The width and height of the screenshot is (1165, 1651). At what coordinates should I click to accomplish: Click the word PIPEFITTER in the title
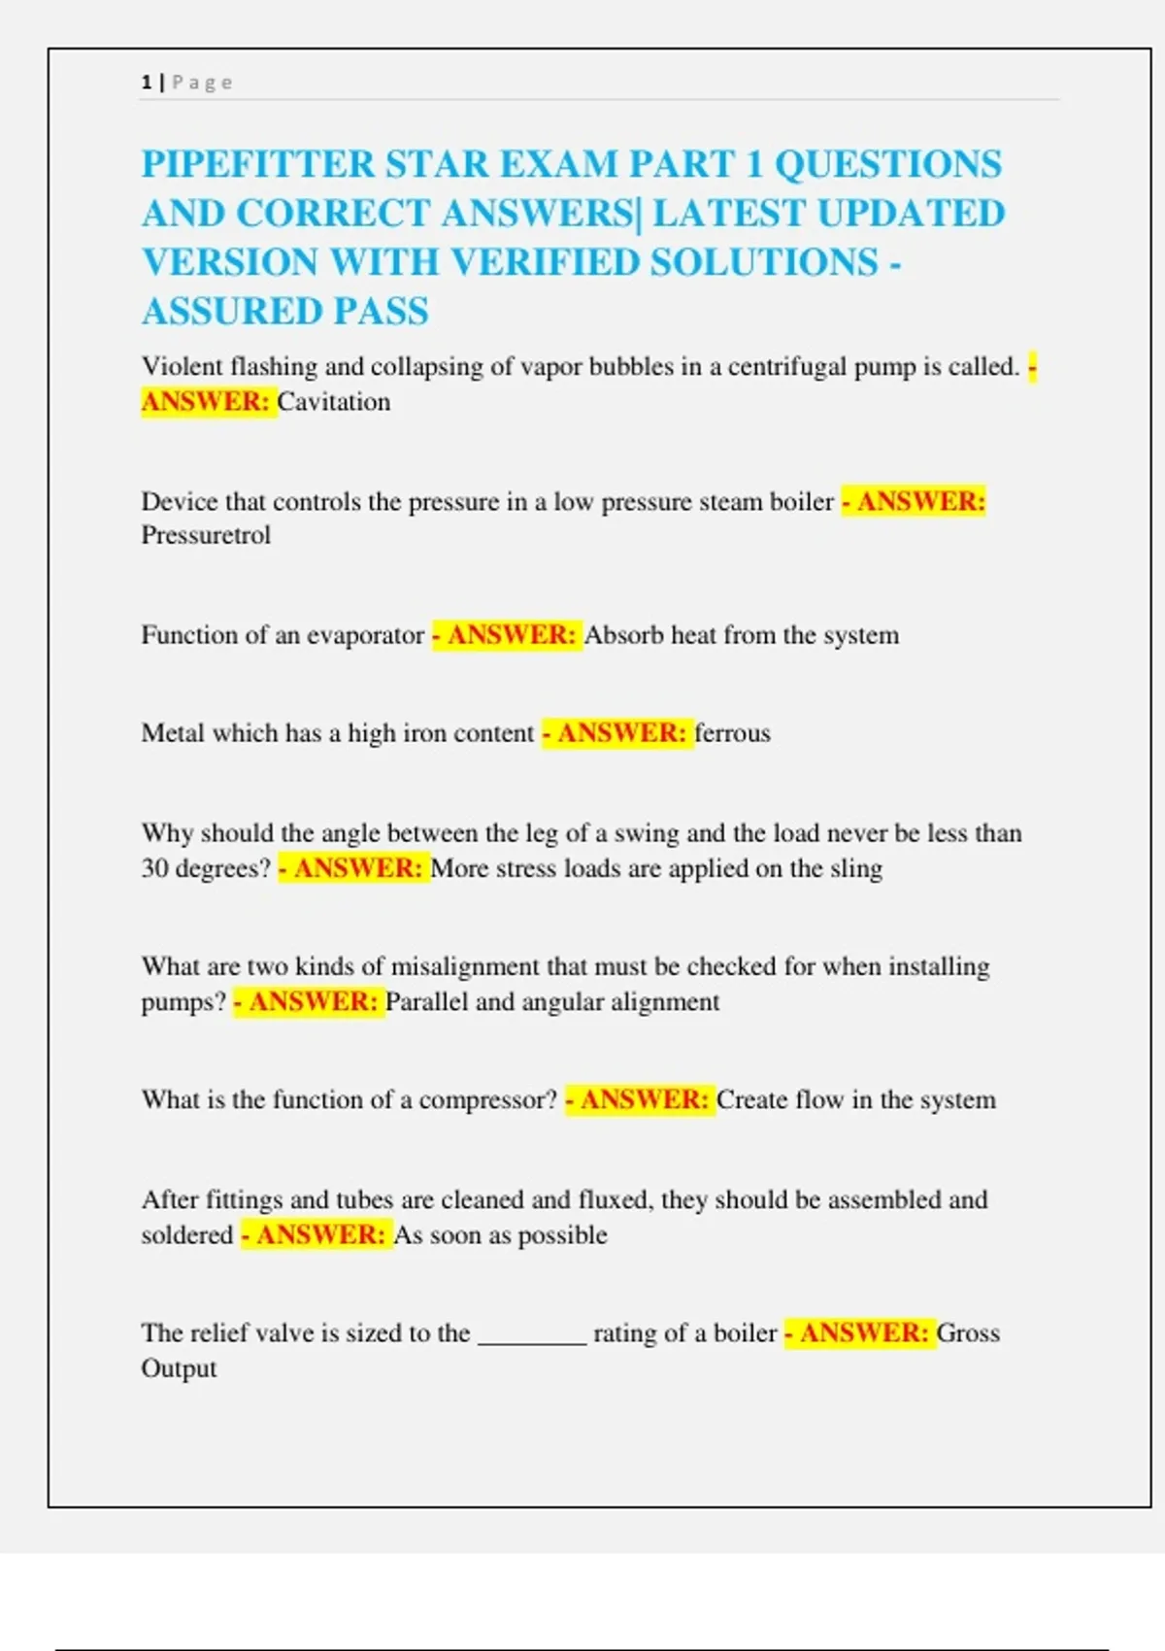pyautogui.click(x=257, y=164)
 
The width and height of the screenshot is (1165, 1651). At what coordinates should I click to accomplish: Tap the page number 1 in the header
pyautogui.click(x=147, y=83)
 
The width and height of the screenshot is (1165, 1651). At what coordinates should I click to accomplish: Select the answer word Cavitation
pyautogui.click(x=334, y=402)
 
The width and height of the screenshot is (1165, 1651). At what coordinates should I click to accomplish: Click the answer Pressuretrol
pyautogui.click(x=206, y=535)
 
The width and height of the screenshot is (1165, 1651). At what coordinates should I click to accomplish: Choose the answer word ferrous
pyautogui.click(x=732, y=733)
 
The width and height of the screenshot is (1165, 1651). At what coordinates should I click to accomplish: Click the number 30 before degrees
pyautogui.click(x=155, y=868)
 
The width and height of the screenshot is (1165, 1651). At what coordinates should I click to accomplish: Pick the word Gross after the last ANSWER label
pyautogui.click(x=968, y=1333)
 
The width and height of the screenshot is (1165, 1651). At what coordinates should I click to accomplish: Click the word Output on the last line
pyautogui.click(x=179, y=1368)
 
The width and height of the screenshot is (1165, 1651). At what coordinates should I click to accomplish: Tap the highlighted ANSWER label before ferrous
pyautogui.click(x=621, y=733)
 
